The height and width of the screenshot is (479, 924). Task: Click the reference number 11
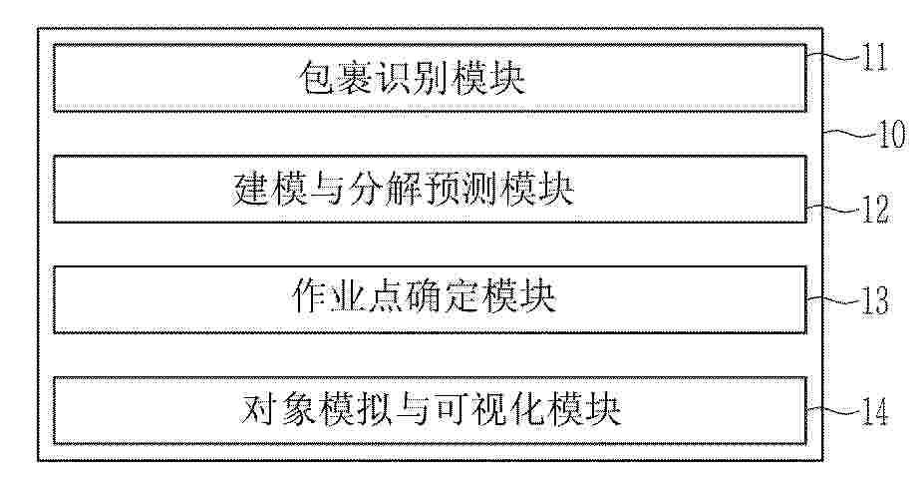(874, 59)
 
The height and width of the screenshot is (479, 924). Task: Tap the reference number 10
(890, 135)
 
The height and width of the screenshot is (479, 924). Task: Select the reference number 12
(876, 210)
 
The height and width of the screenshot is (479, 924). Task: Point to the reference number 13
(874, 300)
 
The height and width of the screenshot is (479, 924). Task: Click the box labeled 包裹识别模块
(430, 77)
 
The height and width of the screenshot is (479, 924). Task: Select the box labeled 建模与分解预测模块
(430, 189)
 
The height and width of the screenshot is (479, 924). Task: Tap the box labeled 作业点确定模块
(430, 299)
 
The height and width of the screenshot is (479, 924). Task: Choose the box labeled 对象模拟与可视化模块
(430, 410)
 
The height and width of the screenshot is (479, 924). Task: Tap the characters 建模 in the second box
(270, 190)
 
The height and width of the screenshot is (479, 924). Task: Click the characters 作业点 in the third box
(346, 299)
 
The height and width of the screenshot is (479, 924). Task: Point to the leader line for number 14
(834, 409)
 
